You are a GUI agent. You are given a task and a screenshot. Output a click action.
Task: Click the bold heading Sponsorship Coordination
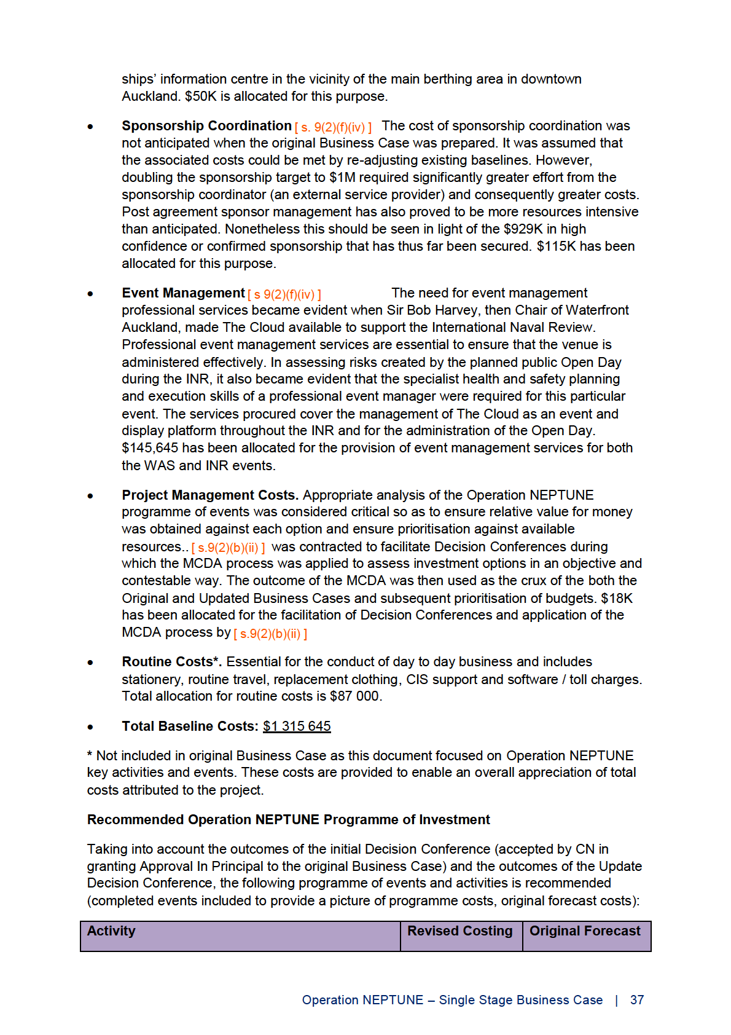pyautogui.click(x=206, y=126)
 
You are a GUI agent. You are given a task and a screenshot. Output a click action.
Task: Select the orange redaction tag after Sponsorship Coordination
pyautogui.click(x=333, y=127)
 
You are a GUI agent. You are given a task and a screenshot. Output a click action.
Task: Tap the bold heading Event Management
pyautogui.click(x=183, y=293)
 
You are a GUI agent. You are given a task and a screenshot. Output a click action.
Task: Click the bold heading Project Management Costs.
pyautogui.click(x=210, y=495)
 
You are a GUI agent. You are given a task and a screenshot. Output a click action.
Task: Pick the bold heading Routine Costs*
pyautogui.click(x=171, y=662)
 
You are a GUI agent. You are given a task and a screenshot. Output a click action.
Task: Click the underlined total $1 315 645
pyautogui.click(x=297, y=726)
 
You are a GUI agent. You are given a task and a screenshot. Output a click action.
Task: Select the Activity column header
pyautogui.click(x=111, y=931)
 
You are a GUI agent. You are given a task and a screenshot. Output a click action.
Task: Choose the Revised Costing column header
pyautogui.click(x=459, y=931)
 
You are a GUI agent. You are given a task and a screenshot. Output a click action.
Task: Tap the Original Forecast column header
pyautogui.click(x=585, y=931)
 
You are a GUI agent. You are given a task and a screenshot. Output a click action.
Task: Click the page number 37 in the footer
pyautogui.click(x=637, y=1000)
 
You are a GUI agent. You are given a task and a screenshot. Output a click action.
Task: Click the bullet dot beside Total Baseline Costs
pyautogui.click(x=90, y=727)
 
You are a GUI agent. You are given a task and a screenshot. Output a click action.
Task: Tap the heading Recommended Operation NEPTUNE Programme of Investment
pyautogui.click(x=289, y=820)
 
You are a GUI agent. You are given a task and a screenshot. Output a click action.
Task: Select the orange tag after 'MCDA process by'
pyautogui.click(x=270, y=634)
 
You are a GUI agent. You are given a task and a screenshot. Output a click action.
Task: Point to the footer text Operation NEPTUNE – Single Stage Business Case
pyautogui.click(x=452, y=1000)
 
